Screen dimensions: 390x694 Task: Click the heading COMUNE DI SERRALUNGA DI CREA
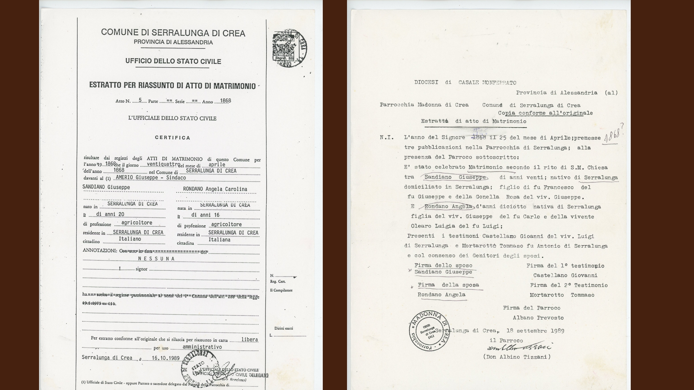point(173,33)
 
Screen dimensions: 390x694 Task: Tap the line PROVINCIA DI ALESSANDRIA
point(173,42)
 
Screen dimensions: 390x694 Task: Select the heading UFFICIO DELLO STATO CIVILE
point(173,61)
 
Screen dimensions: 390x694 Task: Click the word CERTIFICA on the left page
point(172,138)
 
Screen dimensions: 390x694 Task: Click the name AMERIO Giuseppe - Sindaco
point(151,178)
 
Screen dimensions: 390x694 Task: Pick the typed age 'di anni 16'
point(205,215)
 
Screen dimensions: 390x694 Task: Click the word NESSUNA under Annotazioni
point(157,259)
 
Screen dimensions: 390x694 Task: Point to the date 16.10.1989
point(166,358)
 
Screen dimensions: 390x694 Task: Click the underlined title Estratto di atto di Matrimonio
point(474,121)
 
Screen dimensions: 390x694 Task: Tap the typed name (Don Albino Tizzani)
point(517,357)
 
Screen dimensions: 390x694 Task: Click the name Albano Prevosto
point(538,318)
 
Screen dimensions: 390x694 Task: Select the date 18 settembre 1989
point(535,330)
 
